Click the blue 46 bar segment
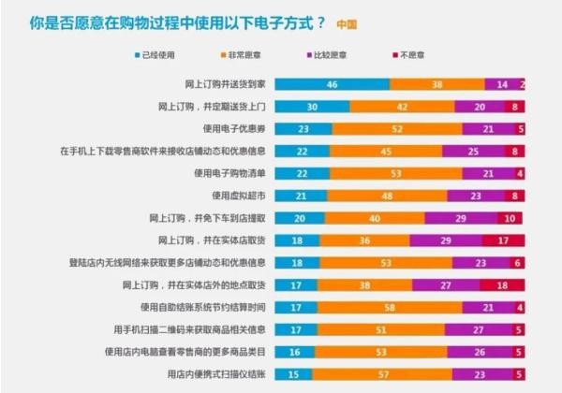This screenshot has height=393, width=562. click(x=332, y=84)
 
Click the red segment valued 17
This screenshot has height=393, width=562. click(x=504, y=240)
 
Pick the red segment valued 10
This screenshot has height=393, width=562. click(x=510, y=217)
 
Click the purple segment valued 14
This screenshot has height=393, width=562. click(x=503, y=84)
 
